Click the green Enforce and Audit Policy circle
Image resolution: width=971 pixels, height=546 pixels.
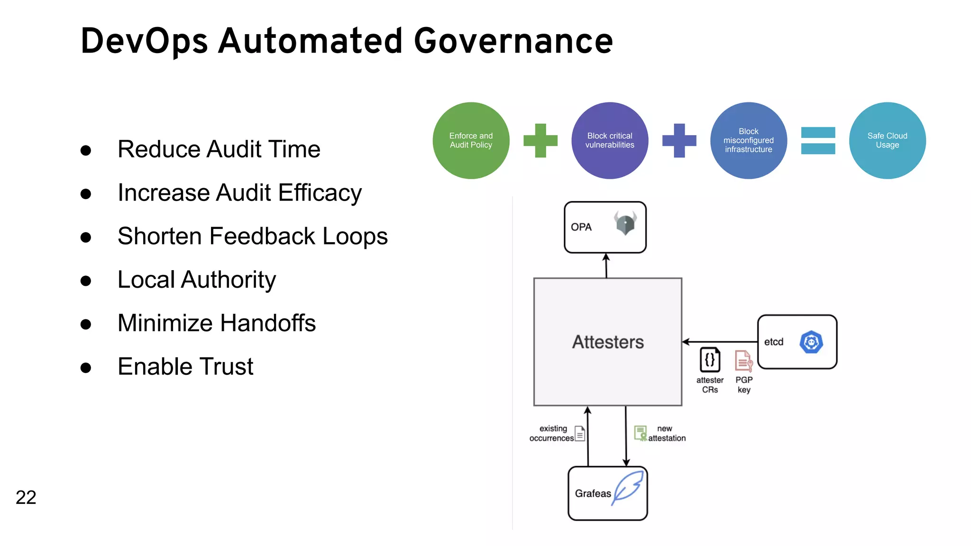pos(471,140)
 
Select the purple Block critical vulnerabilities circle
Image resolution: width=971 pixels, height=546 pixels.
pos(610,140)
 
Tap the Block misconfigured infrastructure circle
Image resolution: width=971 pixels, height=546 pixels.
pos(749,140)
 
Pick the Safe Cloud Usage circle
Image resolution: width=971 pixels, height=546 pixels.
pos(887,140)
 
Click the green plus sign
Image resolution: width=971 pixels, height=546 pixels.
pos(540,140)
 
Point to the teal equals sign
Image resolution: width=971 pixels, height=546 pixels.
pos(818,140)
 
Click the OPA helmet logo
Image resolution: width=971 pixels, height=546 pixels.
pos(625,223)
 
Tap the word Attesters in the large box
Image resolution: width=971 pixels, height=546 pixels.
pos(608,342)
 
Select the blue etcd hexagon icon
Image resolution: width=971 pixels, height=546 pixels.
pos(811,342)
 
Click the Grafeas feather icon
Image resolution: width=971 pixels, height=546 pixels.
pos(628,488)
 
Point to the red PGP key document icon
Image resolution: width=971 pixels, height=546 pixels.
pos(743,361)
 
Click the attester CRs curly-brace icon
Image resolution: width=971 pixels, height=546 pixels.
pos(710,360)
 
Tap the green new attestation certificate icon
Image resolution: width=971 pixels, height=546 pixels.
pos(641,433)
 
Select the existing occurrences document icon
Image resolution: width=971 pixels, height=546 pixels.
pos(580,433)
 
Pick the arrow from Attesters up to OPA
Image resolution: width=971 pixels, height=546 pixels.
pos(606,265)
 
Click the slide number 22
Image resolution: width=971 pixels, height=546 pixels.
pos(26,497)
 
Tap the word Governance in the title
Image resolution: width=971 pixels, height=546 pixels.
pos(513,41)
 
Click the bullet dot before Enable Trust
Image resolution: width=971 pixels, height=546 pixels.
pos(86,368)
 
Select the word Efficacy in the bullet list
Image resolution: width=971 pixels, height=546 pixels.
pos(320,193)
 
